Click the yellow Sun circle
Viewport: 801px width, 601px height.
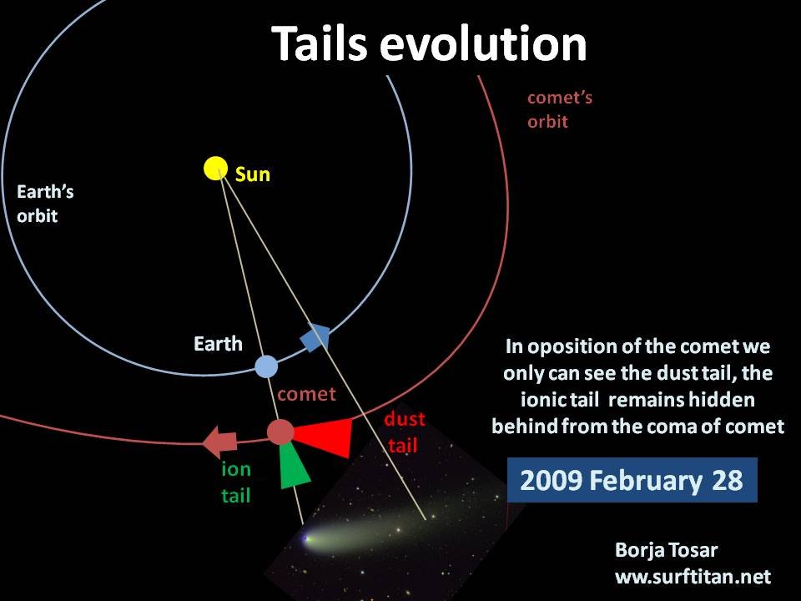click(215, 169)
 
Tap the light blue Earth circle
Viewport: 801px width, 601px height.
click(266, 366)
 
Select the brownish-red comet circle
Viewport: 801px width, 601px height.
click(280, 432)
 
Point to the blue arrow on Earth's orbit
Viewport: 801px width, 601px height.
click(315, 337)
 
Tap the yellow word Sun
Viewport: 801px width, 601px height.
click(252, 174)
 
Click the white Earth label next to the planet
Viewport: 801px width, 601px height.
click(218, 343)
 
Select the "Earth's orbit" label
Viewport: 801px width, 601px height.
click(45, 204)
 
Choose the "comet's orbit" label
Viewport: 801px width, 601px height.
click(560, 109)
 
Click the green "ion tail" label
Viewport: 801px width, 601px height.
click(236, 482)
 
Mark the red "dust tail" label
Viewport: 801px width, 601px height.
click(405, 432)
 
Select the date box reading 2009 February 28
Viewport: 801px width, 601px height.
click(632, 480)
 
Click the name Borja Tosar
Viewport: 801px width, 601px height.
click(666, 550)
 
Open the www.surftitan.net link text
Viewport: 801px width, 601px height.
click(693, 577)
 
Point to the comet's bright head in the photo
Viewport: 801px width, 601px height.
click(306, 538)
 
